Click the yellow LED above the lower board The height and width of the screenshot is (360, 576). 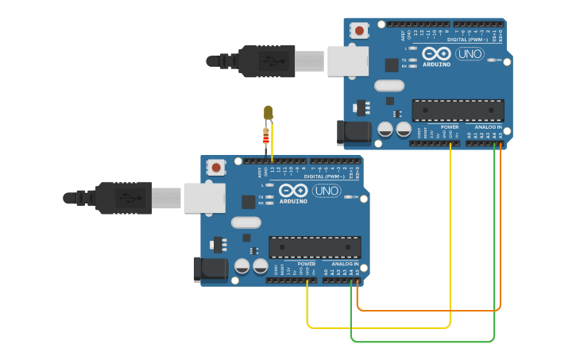click(268, 113)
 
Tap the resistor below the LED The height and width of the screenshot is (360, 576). click(265, 137)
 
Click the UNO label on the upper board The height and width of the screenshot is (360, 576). click(470, 53)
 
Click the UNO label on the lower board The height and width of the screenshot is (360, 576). click(327, 191)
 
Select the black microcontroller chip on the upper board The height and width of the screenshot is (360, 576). click(458, 110)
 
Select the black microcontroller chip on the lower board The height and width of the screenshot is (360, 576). click(315, 247)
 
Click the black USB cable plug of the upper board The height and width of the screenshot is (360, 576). click(267, 61)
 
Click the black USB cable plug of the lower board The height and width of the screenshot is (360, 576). click(124, 198)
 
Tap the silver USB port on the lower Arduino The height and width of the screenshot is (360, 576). click(205, 198)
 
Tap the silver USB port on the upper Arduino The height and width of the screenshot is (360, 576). click(348, 61)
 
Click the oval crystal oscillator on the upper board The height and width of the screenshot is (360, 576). click(389, 86)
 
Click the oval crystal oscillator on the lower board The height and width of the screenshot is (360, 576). click(246, 223)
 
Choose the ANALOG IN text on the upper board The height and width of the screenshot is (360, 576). click(488, 127)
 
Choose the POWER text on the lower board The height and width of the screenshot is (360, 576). click(307, 264)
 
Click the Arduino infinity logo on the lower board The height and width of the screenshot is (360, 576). click(293, 191)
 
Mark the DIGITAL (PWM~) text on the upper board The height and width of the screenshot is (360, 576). click(468, 39)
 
